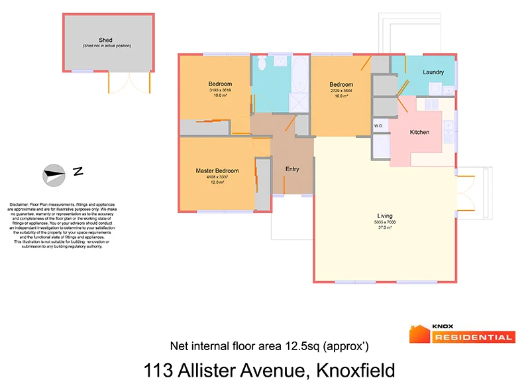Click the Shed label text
tap(105, 40)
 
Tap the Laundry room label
tap(433, 72)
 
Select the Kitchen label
tap(419, 132)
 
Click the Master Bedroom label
tap(217, 171)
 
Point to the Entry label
tap(292, 169)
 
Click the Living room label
tap(384, 216)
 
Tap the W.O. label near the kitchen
tap(379, 125)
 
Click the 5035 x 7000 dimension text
tap(385, 222)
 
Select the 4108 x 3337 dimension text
tap(217, 177)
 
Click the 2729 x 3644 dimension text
tap(341, 90)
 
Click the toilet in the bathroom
tap(262, 64)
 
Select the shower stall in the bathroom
tap(300, 101)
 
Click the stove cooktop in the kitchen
tap(432, 104)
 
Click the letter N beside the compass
tap(78, 172)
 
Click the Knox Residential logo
tap(462, 334)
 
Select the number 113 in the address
tap(159, 369)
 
